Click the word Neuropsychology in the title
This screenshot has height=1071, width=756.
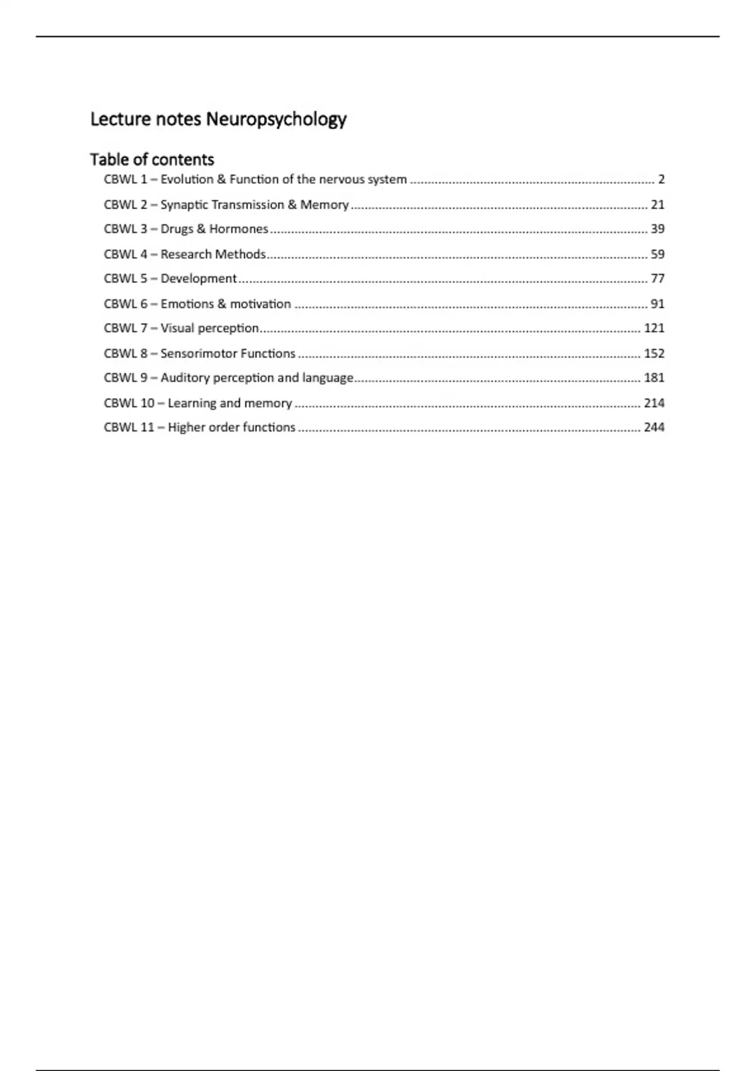276,119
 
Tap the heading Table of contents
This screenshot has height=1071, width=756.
152,159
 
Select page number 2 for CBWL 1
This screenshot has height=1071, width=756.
661,180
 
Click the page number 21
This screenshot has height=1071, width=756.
657,205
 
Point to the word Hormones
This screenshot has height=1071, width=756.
239,229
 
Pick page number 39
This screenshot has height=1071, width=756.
657,229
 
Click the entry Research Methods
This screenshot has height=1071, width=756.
213,254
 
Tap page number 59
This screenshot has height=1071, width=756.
657,254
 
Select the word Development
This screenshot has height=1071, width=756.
198,278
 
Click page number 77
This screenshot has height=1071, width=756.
657,278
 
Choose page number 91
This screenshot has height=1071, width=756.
657,304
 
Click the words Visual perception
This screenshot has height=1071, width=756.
209,328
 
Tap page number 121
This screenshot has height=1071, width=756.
654,328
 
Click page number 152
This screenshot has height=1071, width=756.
654,353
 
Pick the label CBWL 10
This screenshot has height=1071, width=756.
129,403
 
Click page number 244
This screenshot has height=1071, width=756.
654,427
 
